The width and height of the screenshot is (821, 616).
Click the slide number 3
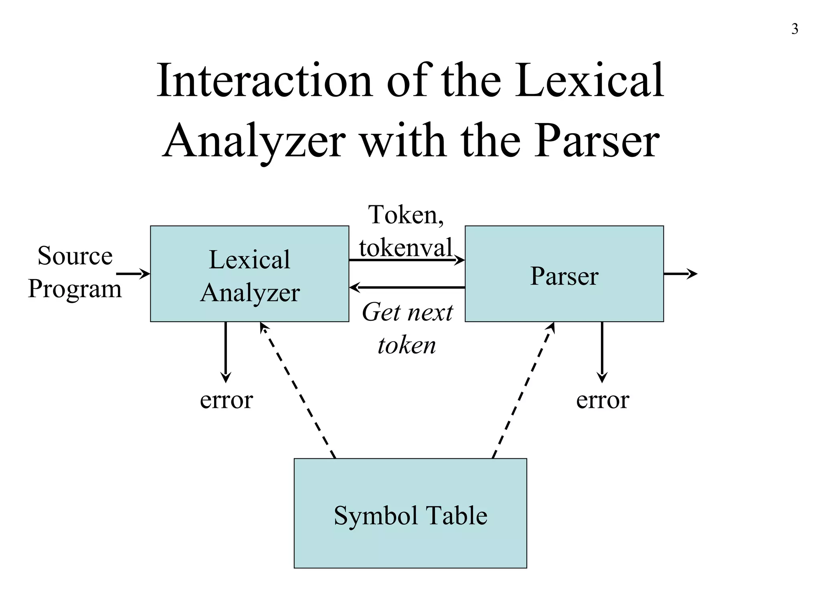pyautogui.click(x=795, y=29)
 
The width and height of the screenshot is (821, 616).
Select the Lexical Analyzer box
pyautogui.click(x=249, y=274)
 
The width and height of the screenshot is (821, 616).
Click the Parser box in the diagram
pyautogui.click(x=564, y=274)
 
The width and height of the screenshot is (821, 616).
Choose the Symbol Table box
pyautogui.click(x=410, y=513)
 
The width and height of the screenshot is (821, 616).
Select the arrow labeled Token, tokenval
pyautogui.click(x=406, y=260)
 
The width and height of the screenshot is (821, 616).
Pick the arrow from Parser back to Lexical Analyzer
pyautogui.click(x=406, y=288)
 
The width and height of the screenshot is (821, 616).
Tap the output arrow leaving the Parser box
pyautogui.click(x=680, y=274)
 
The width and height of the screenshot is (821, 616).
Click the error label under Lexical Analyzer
pyautogui.click(x=226, y=400)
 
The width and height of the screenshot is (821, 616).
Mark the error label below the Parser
pyautogui.click(x=603, y=400)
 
